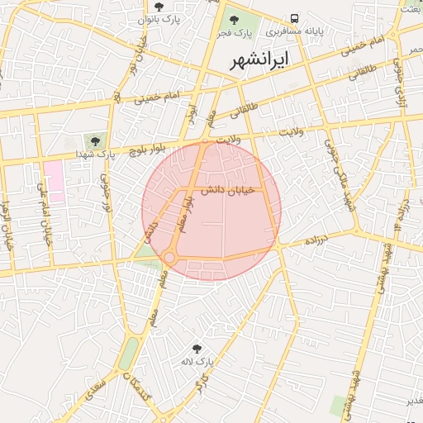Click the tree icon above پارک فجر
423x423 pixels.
click(234, 19)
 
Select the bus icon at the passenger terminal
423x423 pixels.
click(295, 19)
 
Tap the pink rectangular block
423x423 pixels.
click(54, 182)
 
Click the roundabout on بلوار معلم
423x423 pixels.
click(169, 259)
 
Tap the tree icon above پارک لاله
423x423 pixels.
click(197, 349)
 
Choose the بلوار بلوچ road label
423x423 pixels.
click(139, 150)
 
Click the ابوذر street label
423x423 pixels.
click(191, 114)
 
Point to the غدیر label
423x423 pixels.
click(410, 401)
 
